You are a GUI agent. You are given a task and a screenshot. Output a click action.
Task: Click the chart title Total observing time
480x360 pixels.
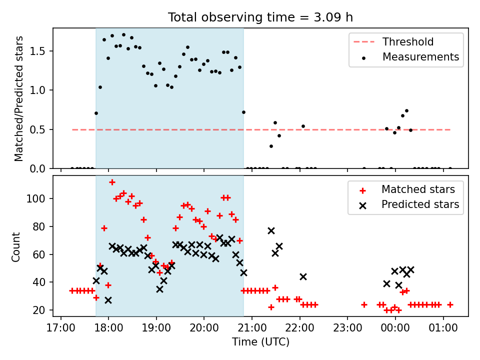pyautogui.click(x=260, y=17)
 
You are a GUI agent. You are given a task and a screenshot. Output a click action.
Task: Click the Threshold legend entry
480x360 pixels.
pyautogui.click(x=408, y=42)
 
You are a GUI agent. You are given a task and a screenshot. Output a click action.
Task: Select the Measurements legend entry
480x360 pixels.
pyautogui.click(x=420, y=57)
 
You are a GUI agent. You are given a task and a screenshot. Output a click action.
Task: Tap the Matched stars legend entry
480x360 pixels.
pyautogui.click(x=418, y=189)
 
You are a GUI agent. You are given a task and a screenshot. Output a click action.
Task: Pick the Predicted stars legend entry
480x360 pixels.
pyautogui.click(x=420, y=204)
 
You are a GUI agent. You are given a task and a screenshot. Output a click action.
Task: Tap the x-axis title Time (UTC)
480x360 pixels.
pyautogui.click(x=260, y=342)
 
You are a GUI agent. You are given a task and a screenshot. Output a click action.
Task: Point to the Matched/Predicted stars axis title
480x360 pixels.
pyautogui.click(x=18, y=98)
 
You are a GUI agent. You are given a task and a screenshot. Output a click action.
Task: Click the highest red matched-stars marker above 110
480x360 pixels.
pyautogui.click(x=112, y=182)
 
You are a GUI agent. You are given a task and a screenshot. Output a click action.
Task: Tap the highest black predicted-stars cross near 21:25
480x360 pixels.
pyautogui.click(x=271, y=230)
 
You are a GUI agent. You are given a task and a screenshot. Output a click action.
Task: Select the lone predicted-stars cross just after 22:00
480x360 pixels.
pyautogui.click(x=303, y=276)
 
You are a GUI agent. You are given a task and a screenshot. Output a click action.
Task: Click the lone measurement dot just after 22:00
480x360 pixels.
pyautogui.click(x=303, y=126)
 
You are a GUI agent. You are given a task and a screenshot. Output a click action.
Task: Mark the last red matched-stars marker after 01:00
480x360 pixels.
pyautogui.click(x=450, y=304)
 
